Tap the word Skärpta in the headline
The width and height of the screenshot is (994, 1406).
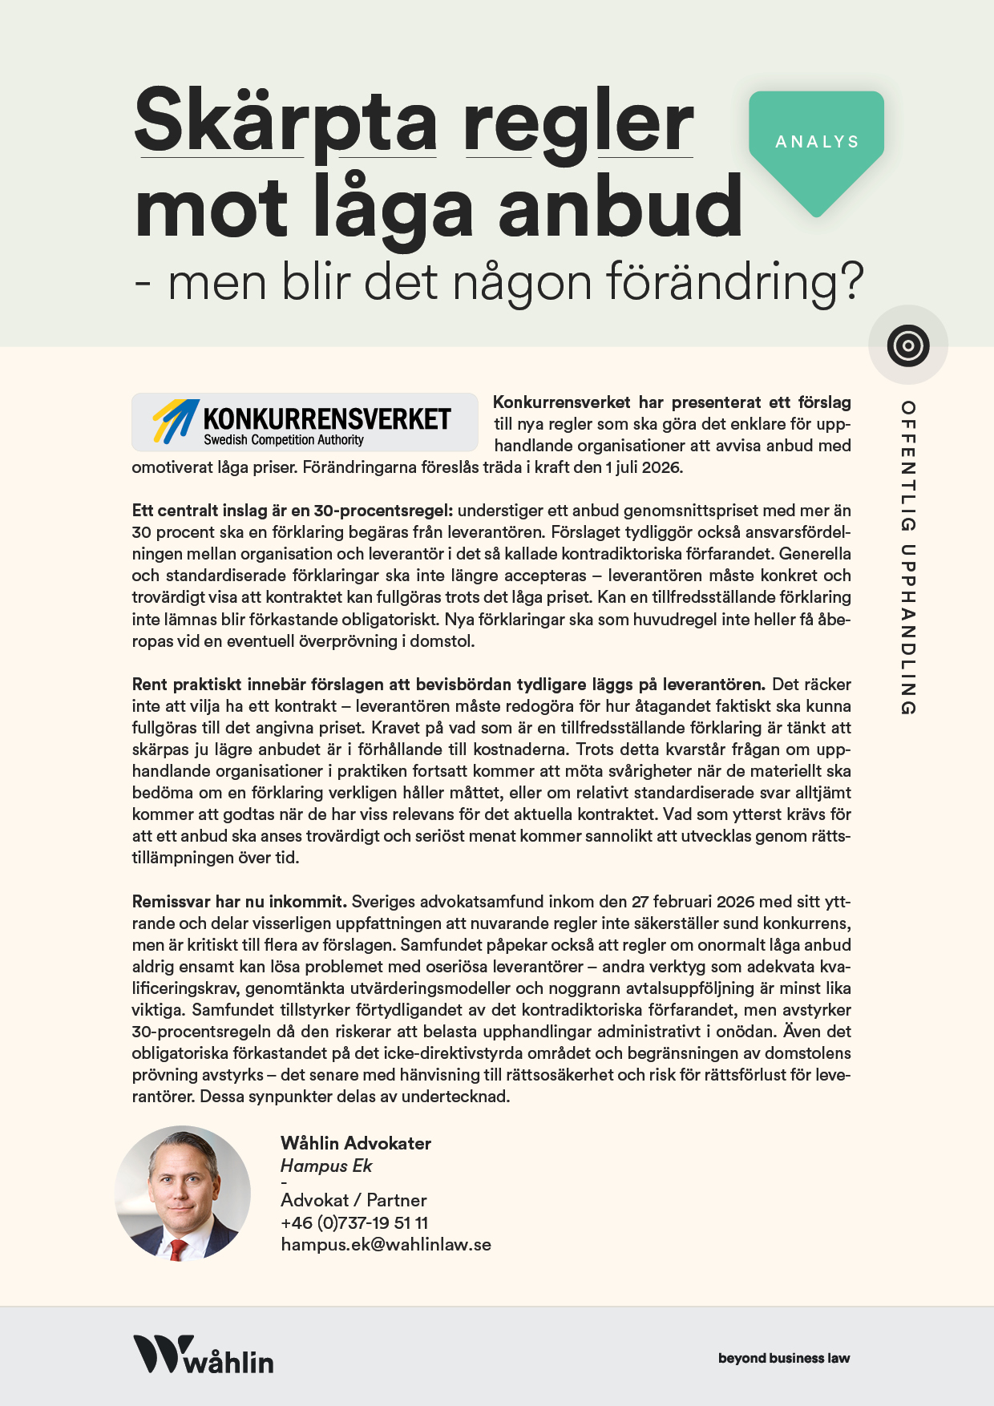[285, 122]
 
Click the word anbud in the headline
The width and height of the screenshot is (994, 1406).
[620, 208]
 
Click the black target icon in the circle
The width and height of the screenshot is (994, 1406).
[907, 345]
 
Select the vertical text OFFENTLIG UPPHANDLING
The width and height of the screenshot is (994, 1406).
[907, 557]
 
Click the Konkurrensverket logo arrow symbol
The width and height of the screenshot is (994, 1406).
[176, 420]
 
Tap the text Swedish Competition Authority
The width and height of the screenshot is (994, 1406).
[283, 440]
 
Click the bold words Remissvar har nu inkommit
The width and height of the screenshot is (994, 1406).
[239, 901]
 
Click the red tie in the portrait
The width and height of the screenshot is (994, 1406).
[178, 1247]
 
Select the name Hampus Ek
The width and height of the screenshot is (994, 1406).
[326, 1166]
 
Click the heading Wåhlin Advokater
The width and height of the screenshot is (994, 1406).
[356, 1143]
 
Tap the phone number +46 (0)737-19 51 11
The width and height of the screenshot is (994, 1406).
[354, 1222]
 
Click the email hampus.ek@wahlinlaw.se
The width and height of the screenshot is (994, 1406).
[386, 1244]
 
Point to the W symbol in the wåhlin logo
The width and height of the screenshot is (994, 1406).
[163, 1353]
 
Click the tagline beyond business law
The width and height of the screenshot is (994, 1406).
[783, 1358]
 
